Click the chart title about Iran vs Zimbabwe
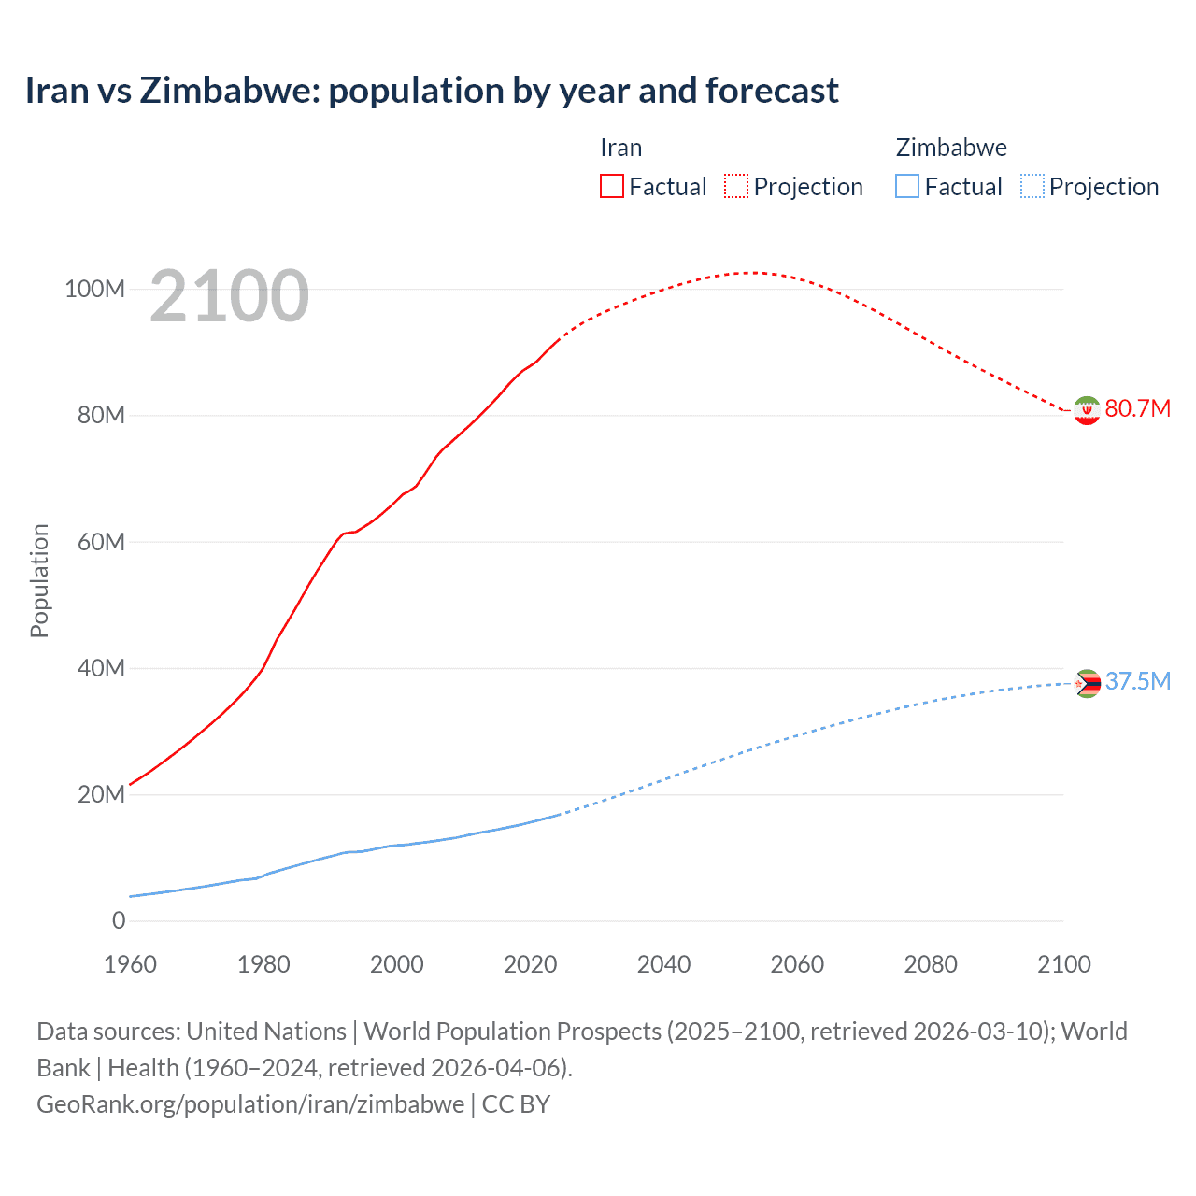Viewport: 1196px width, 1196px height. (x=432, y=91)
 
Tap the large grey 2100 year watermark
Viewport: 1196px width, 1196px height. (x=229, y=296)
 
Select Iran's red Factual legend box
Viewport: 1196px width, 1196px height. (x=611, y=186)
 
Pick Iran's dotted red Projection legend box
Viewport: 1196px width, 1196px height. (x=736, y=186)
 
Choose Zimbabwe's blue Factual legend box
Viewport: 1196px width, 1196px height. (x=906, y=186)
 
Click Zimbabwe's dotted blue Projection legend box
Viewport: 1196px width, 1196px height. (x=1032, y=186)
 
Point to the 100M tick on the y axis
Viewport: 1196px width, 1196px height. (x=94, y=289)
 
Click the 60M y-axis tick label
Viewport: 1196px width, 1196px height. (x=101, y=542)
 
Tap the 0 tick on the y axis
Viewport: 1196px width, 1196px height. (x=119, y=920)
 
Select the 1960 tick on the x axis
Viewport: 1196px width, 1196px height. (x=130, y=964)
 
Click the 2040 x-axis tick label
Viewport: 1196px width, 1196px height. (x=663, y=964)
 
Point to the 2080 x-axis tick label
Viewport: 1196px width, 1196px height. (x=931, y=964)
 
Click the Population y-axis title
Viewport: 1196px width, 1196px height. (x=39, y=580)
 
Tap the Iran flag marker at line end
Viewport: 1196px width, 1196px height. (x=1086, y=410)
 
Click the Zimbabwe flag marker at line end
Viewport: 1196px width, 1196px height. (x=1086, y=684)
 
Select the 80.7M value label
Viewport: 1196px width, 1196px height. (x=1137, y=408)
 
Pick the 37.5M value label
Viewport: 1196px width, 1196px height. (x=1137, y=681)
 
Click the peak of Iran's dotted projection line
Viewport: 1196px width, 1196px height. (x=751, y=273)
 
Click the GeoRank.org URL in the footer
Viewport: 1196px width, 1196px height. (x=250, y=1103)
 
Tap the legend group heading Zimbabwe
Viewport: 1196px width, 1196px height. (x=951, y=148)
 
